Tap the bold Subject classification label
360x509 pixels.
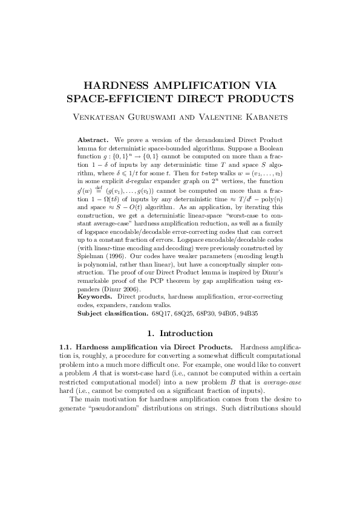pos(113,314)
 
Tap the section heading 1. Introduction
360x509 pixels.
pos(180,333)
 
